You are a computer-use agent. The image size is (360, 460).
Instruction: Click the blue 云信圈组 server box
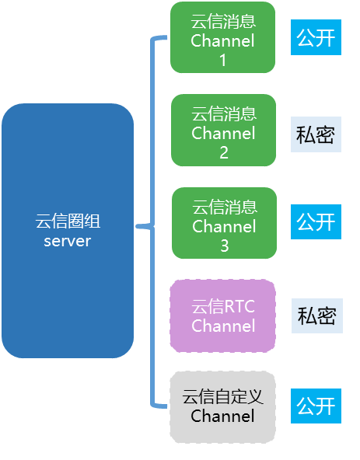point(68,231)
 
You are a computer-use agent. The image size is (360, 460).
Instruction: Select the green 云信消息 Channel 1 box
point(222,37)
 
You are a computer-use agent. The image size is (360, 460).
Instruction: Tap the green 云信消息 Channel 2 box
point(223,131)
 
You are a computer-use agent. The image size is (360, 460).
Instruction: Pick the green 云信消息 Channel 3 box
point(224,223)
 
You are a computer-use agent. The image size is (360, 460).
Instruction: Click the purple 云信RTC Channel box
point(223,315)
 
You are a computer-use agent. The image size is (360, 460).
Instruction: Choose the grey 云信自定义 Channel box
point(223,407)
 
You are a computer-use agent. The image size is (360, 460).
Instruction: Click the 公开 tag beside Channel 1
point(316,38)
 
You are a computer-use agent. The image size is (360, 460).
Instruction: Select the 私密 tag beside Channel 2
point(316,134)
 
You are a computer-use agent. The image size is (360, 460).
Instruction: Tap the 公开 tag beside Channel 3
point(316,222)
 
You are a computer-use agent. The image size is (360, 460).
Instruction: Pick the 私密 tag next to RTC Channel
point(316,315)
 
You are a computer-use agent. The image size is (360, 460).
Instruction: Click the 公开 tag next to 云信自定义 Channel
point(316,406)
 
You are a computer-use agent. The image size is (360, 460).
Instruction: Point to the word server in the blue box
point(68,241)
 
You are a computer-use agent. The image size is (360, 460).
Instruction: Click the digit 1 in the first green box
point(222,60)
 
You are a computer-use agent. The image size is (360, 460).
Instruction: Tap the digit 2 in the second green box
point(223,152)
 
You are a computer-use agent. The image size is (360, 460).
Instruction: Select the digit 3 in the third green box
point(224,246)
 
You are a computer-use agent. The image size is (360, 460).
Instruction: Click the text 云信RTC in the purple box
point(223,305)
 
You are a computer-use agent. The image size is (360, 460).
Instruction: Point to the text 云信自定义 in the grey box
point(223,397)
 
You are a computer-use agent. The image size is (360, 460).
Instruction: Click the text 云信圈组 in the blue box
point(68,221)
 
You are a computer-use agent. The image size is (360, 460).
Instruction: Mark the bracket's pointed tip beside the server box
point(138,226)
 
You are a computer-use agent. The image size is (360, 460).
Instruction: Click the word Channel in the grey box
point(223,416)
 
